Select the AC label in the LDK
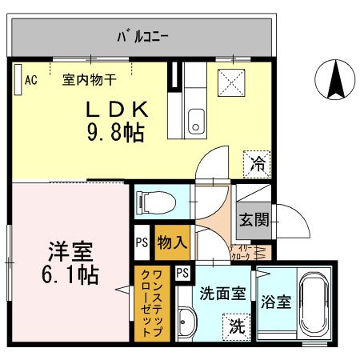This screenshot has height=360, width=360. tap(30, 79)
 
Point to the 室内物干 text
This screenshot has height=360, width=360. tap(90, 79)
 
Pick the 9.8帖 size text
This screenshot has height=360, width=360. tap(115, 132)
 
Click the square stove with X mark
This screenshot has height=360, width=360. tap(231, 82)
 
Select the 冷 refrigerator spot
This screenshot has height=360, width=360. tap(258, 165)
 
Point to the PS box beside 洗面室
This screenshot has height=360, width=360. tap(182, 273)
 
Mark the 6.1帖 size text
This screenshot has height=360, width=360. tap(70, 275)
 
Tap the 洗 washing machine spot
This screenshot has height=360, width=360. tap(236, 326)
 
